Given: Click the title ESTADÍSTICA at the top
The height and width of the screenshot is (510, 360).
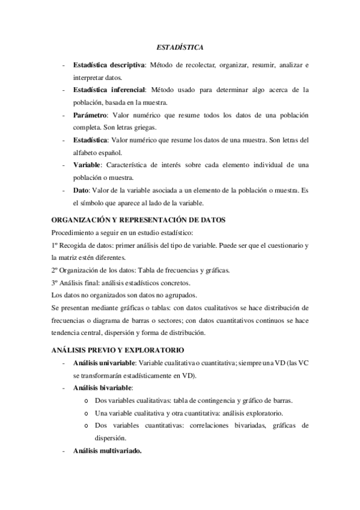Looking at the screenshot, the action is (180, 46).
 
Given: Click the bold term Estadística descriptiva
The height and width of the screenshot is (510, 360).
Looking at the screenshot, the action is (108, 64).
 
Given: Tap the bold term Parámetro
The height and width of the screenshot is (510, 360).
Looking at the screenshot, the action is (90, 115).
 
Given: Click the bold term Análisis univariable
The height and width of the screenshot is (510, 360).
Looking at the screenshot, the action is (105, 363).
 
